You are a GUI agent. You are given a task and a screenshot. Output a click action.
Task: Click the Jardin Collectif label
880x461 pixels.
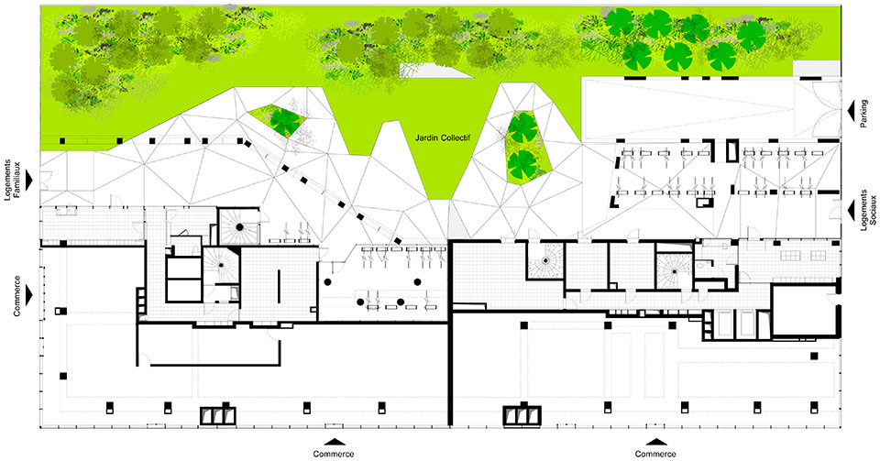point(442,137)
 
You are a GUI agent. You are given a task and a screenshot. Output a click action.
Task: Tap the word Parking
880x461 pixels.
point(863,114)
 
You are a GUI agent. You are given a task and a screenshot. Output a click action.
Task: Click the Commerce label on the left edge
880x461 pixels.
point(16,295)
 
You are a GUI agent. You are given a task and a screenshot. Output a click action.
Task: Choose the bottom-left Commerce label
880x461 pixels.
point(334,454)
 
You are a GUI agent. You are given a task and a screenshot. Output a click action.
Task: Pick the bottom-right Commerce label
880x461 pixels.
point(655,454)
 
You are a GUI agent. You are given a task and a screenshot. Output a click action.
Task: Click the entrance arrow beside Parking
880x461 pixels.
point(851,109)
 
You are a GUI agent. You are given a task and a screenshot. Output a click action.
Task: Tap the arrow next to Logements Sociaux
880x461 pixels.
point(851,208)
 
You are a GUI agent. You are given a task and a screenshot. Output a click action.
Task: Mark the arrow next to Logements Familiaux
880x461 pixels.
point(29,179)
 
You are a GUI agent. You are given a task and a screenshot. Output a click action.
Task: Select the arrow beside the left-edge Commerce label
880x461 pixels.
point(29,294)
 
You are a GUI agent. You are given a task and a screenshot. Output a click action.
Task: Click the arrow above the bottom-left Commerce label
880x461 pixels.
point(334,442)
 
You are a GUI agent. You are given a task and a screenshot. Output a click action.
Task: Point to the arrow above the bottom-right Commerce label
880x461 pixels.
point(655,442)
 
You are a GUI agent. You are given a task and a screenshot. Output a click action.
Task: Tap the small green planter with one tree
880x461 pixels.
point(280,120)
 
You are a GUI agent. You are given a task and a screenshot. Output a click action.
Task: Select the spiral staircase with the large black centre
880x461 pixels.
point(239,226)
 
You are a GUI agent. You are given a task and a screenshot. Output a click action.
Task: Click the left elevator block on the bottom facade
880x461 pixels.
point(219,414)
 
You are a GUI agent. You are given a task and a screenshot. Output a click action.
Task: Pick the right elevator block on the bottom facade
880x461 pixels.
point(522,414)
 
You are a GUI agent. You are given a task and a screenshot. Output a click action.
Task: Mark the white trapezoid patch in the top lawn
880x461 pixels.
point(429,70)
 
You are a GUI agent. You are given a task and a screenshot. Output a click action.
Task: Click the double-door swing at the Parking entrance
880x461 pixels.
point(819,110)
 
